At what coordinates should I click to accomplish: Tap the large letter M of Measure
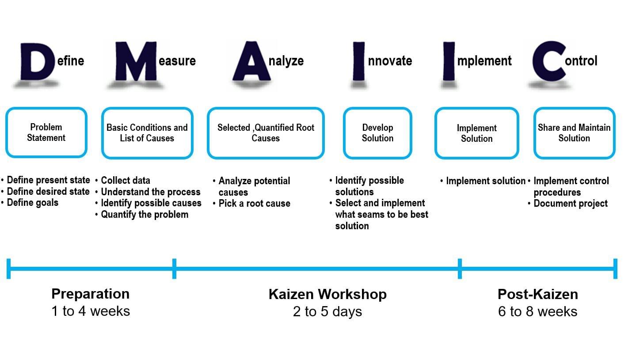(136, 61)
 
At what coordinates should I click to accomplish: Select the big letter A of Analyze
(251, 61)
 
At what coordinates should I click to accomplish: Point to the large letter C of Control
(549, 61)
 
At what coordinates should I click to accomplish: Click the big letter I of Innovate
(358, 61)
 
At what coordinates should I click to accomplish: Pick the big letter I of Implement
(449, 61)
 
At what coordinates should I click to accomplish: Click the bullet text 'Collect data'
(126, 180)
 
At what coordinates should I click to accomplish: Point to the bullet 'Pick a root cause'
(255, 203)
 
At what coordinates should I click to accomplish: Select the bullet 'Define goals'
(33, 203)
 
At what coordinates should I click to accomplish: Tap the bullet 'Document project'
(571, 204)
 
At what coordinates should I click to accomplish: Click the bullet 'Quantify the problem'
(145, 215)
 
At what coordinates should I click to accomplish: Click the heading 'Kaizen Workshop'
(327, 294)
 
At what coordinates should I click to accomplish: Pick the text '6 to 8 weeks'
(538, 311)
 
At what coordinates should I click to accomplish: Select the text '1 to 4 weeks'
(91, 311)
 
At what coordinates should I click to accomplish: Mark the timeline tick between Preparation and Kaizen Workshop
(175, 269)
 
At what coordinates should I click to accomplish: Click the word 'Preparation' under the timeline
(91, 294)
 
